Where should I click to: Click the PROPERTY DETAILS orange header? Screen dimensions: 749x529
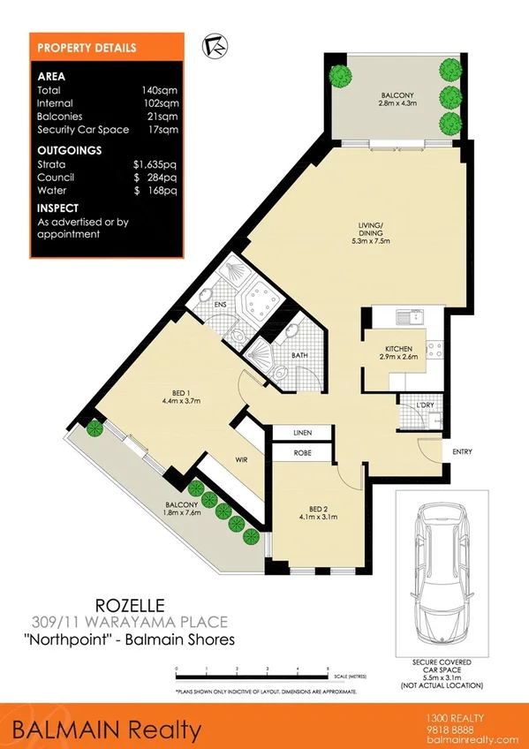[x=87, y=48]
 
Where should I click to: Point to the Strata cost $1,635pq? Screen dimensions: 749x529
[x=155, y=164]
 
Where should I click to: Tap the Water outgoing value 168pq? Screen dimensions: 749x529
[x=156, y=190]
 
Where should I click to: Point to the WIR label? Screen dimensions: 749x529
[x=239, y=460]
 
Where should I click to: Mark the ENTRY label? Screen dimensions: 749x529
[x=462, y=452]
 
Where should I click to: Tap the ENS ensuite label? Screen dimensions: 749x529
[x=221, y=305]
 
